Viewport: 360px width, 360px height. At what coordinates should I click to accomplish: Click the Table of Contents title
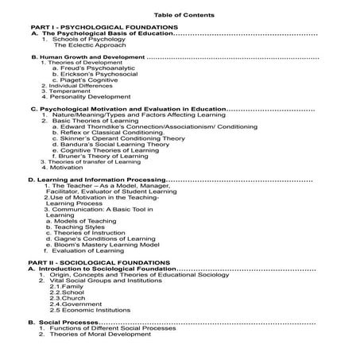(x=180, y=15)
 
